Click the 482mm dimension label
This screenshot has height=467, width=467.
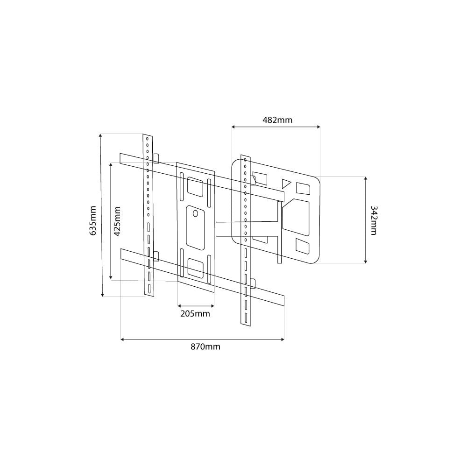pyautogui.click(x=277, y=120)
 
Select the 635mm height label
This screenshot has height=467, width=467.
pyautogui.click(x=93, y=221)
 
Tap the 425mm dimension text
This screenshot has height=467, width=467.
pyautogui.click(x=118, y=221)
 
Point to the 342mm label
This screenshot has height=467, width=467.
pyautogui.click(x=374, y=220)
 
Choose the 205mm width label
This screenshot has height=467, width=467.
pyautogui.click(x=195, y=314)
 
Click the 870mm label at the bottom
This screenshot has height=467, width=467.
pyautogui.click(x=205, y=347)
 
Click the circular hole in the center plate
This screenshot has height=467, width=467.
pyautogui.click(x=195, y=213)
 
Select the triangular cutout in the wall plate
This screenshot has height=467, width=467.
pyautogui.click(x=286, y=183)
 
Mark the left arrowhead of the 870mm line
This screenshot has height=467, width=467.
pyautogui.click(x=122, y=339)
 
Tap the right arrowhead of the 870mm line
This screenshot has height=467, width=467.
pyautogui.click(x=283, y=339)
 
